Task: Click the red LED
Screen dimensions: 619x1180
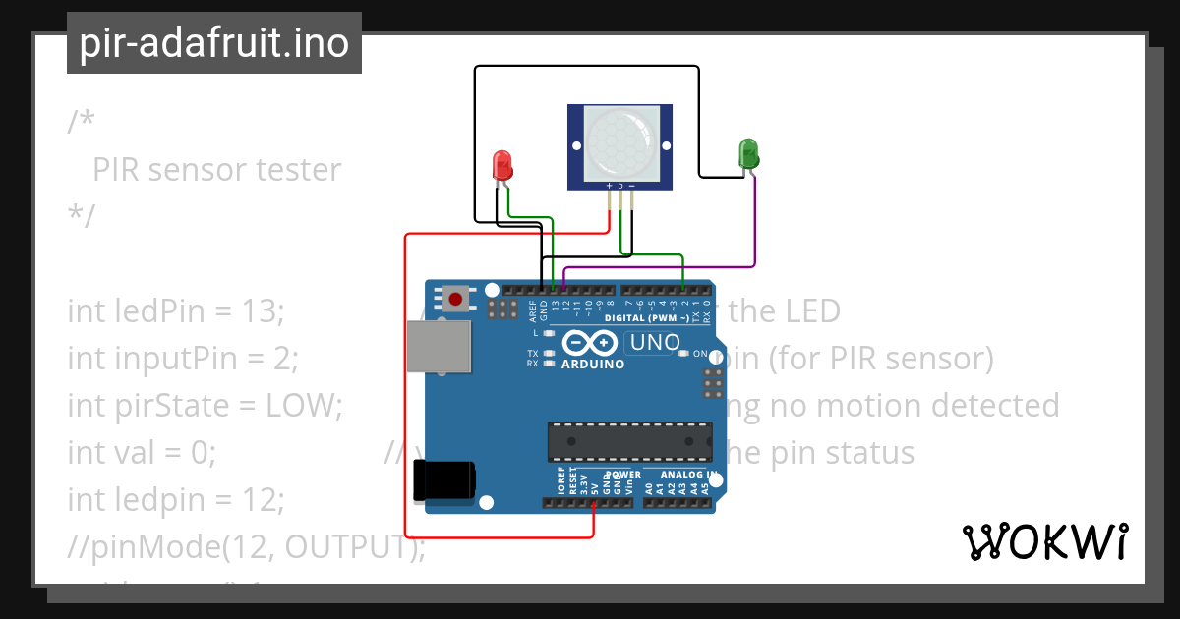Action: click(x=502, y=163)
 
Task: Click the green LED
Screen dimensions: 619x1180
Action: click(x=748, y=153)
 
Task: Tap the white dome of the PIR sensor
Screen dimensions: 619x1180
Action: click(x=619, y=144)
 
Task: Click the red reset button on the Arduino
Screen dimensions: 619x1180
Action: click(x=455, y=298)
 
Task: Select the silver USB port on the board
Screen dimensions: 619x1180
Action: click(x=437, y=349)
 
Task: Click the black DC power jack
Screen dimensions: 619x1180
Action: click(x=444, y=479)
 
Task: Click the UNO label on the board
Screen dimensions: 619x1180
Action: click(x=655, y=343)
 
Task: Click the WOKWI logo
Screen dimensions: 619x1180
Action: click(x=1044, y=541)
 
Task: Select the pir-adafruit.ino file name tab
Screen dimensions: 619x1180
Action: click(x=214, y=43)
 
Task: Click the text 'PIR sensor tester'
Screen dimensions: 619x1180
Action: click(x=216, y=170)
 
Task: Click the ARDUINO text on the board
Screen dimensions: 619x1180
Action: click(x=592, y=364)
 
